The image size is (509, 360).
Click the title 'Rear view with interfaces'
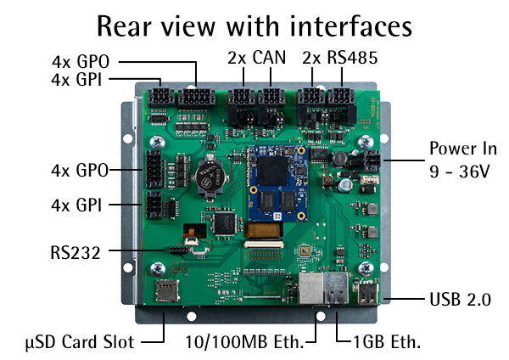255,26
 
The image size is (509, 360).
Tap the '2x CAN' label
257,59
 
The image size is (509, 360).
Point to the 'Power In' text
461,146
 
